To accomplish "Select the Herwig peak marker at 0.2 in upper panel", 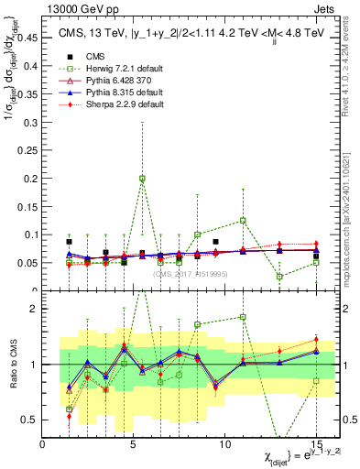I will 142,179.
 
